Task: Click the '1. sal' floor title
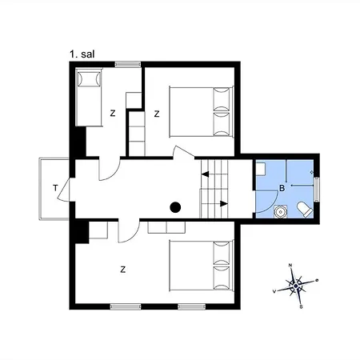[82, 54]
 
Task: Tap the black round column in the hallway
[175, 207]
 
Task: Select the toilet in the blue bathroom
[305, 210]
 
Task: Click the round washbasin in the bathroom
[280, 212]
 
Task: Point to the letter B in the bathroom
[282, 188]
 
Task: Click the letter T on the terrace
[55, 188]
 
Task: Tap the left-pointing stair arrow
[205, 174]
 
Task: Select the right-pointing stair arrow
[224, 204]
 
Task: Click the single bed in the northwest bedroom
[89, 97]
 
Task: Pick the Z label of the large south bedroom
[122, 270]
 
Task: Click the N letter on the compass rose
[290, 265]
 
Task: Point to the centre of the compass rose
[296, 286]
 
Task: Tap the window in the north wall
[128, 64]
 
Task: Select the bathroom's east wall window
[317, 190]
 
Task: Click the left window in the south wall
[126, 306]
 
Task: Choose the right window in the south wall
[192, 306]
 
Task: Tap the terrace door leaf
[63, 189]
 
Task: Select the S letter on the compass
[301, 307]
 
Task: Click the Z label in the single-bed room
[113, 114]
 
